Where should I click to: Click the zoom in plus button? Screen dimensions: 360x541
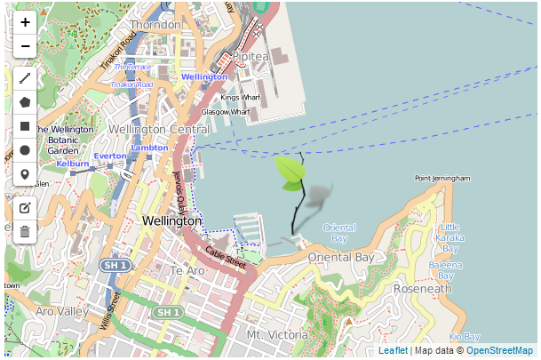coord(25,22)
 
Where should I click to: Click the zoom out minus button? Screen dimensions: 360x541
coord(25,45)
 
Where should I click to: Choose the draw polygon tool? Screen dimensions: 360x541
coord(25,102)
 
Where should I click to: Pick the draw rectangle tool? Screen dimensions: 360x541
coord(25,126)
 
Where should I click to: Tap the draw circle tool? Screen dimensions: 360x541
coord(25,150)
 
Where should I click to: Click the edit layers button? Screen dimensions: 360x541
coord(25,208)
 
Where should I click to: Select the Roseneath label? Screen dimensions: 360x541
coord(422,289)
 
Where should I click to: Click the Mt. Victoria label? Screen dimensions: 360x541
coord(276,334)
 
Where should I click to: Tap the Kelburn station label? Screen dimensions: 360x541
coord(72,164)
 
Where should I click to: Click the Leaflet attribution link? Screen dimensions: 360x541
coord(393,351)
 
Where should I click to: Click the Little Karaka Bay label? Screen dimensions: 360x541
coord(450,237)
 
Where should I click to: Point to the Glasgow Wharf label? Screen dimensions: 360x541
coord(225,113)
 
